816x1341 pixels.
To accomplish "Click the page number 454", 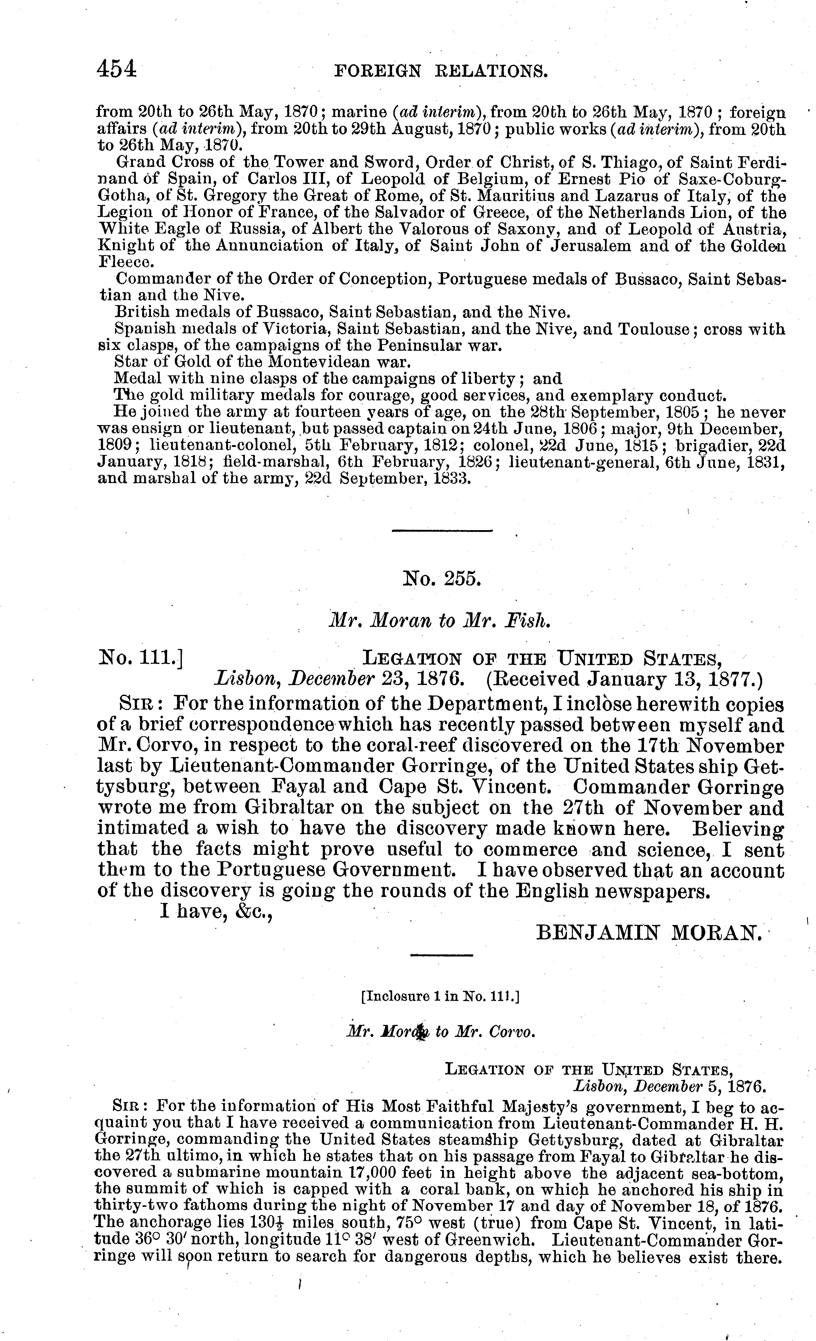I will point(116,70).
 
